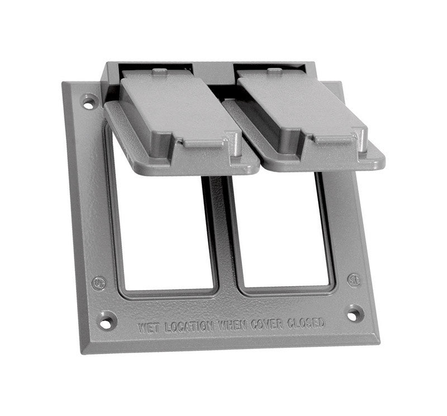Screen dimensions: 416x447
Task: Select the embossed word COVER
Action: (267, 323)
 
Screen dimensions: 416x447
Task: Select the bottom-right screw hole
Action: (354, 312)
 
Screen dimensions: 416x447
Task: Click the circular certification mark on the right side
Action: (354, 279)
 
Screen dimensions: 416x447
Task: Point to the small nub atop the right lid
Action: (274, 71)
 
